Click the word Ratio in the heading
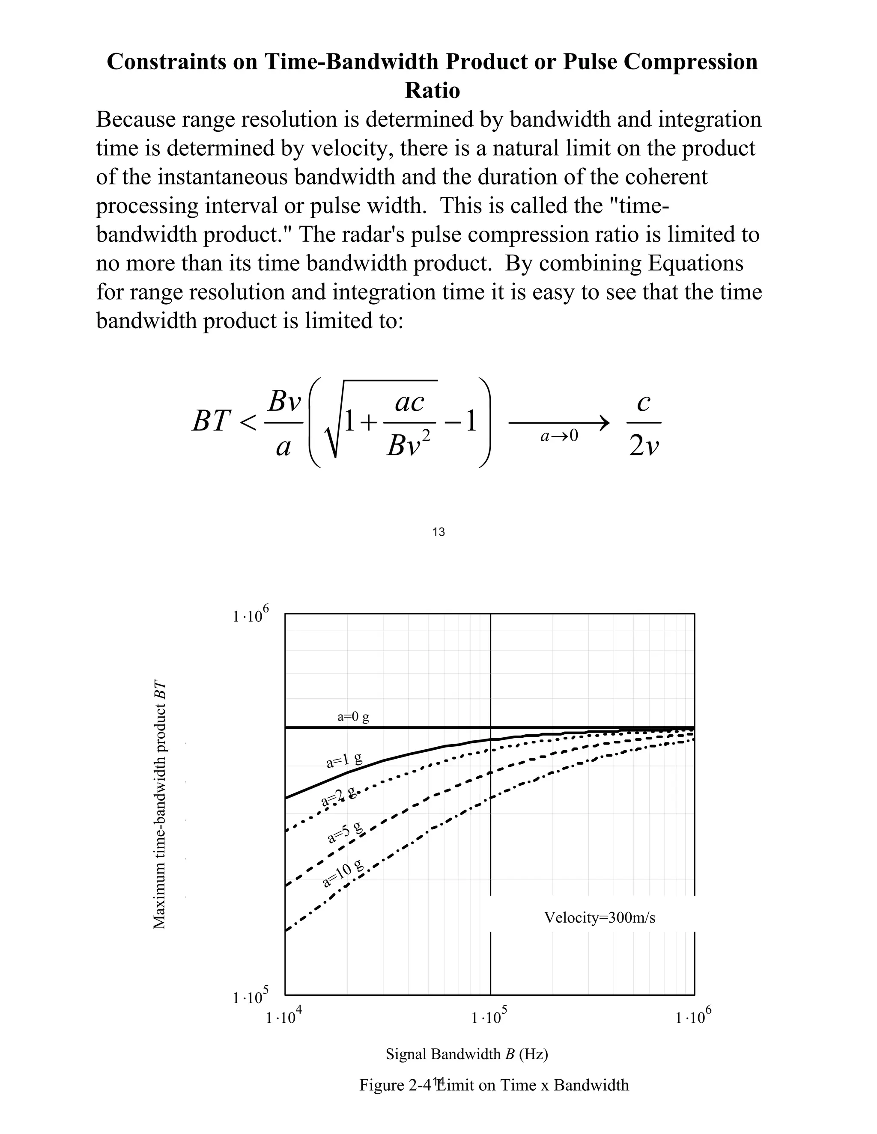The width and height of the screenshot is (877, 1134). [432, 91]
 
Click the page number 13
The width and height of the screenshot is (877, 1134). [438, 531]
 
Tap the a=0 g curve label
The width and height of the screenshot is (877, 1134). [353, 717]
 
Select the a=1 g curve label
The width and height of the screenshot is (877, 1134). [344, 761]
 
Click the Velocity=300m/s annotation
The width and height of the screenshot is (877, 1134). [600, 918]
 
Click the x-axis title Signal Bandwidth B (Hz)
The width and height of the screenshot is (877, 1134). [467, 1054]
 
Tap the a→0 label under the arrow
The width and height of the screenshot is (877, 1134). [559, 436]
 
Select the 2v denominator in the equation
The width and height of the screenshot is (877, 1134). [644, 445]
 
